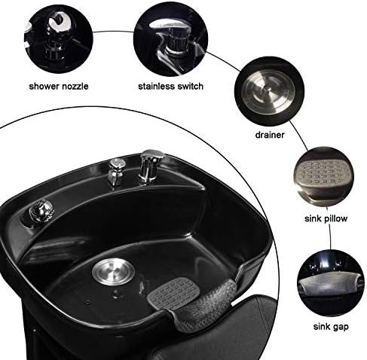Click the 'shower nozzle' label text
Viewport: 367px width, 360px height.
click(59, 87)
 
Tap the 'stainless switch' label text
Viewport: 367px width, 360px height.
click(170, 87)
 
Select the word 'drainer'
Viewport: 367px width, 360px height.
click(270, 135)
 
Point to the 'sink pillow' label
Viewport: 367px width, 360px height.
click(326, 218)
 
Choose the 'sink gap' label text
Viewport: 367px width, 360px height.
click(331, 327)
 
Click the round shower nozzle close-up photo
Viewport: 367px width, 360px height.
click(58, 39)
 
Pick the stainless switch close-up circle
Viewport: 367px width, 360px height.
click(170, 40)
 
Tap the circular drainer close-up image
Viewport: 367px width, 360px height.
click(269, 91)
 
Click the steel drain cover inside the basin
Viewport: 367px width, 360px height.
click(113, 272)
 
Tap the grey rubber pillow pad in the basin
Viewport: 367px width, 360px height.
click(173, 292)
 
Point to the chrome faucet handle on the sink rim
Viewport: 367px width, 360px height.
click(150, 166)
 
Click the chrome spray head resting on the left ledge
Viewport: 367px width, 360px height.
click(41, 210)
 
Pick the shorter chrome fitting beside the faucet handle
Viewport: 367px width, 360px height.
click(116, 172)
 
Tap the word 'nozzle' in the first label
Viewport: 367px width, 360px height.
click(75, 87)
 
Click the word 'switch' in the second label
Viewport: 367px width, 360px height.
click(190, 86)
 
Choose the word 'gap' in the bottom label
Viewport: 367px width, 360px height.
click(340, 328)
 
